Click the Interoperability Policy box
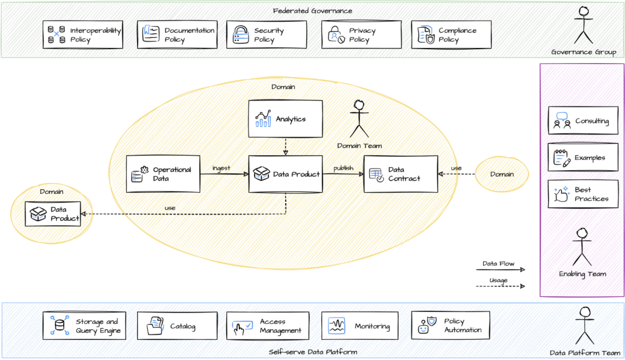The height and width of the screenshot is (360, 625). (83, 35)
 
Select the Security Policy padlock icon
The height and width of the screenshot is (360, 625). (241, 35)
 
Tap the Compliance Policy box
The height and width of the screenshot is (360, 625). (451, 35)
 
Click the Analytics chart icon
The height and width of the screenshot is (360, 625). (263, 119)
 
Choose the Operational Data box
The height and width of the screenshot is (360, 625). (163, 174)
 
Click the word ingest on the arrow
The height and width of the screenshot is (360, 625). (221, 168)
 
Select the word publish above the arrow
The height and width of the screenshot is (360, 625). (343, 168)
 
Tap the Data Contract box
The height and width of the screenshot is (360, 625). (400, 174)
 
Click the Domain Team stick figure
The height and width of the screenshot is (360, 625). (359, 119)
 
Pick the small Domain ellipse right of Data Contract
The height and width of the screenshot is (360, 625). (502, 174)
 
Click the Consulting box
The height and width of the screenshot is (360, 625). (583, 120)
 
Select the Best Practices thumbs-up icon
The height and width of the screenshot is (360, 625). (561, 194)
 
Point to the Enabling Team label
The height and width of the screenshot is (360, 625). (582, 274)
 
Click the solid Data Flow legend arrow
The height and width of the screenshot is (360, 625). (500, 270)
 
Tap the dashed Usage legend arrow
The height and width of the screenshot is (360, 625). (500, 286)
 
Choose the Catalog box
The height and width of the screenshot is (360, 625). (178, 326)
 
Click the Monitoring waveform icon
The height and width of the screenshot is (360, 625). (336, 326)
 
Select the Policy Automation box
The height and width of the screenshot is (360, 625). (450, 325)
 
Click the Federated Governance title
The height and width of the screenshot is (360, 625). (312, 11)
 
